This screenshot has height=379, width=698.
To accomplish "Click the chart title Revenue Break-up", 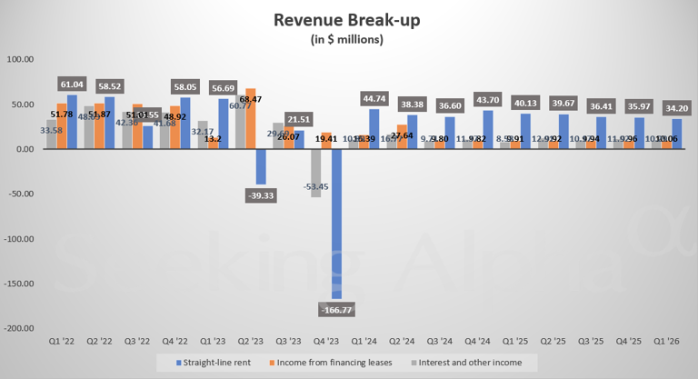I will click(x=348, y=19).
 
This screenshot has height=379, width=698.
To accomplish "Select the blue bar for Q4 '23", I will click(x=336, y=223).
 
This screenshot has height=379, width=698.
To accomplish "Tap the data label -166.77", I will click(x=337, y=310).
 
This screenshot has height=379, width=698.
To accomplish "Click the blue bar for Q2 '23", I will click(x=261, y=166).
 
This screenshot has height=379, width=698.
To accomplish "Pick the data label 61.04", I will click(x=72, y=82).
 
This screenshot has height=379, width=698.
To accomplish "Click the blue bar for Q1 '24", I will click(x=374, y=129).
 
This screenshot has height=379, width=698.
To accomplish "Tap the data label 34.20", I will click(x=677, y=105).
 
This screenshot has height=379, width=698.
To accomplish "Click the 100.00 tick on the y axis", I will click(x=21, y=59).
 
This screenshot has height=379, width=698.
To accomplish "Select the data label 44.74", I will click(x=375, y=97).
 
